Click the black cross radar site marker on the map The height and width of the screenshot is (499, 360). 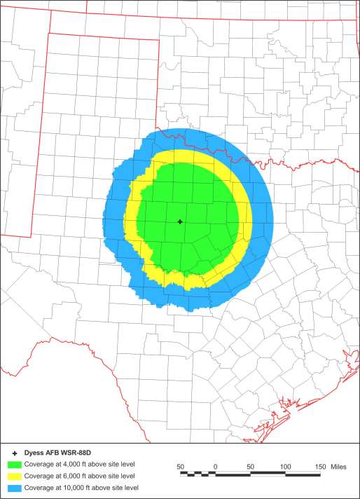(x=180, y=221)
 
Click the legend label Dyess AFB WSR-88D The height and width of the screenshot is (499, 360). (x=55, y=453)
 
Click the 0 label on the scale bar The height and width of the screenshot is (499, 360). (x=216, y=466)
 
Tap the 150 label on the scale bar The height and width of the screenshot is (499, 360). (x=321, y=466)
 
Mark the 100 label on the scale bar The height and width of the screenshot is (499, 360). (x=286, y=466)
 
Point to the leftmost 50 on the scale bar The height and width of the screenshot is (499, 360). (x=181, y=466)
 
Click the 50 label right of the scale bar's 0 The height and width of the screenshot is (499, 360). (x=251, y=466)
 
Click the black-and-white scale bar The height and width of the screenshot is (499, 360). (x=251, y=474)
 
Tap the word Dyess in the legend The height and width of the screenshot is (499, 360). (x=34, y=453)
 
